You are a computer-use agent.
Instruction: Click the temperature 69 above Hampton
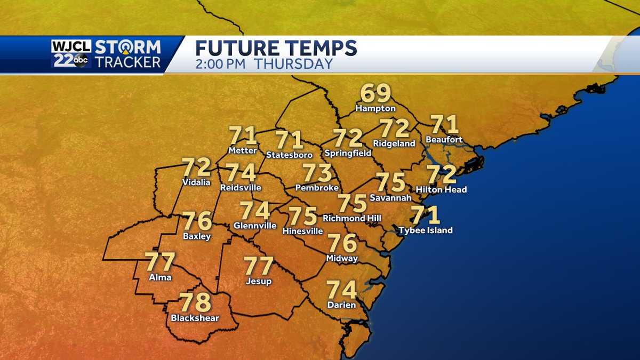[x=376, y=94]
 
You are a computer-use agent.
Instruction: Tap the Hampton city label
[x=376, y=108]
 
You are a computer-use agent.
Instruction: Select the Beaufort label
[x=444, y=140]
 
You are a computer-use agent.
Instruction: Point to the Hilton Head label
[x=441, y=189]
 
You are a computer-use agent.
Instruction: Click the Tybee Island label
[x=426, y=230]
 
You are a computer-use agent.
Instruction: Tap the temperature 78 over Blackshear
[x=196, y=303]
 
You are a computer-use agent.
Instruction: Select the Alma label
[x=160, y=277]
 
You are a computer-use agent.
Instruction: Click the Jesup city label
[x=259, y=281]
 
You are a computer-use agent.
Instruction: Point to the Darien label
[x=341, y=305]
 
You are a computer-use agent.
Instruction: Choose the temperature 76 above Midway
[x=342, y=243]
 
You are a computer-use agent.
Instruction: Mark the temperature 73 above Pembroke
[x=317, y=173]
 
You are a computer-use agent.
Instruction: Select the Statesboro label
[x=289, y=155]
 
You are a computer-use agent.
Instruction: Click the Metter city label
[x=242, y=150]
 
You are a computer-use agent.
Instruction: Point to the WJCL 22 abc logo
[x=71, y=54]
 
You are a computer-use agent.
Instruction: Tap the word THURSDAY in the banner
[x=293, y=64]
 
